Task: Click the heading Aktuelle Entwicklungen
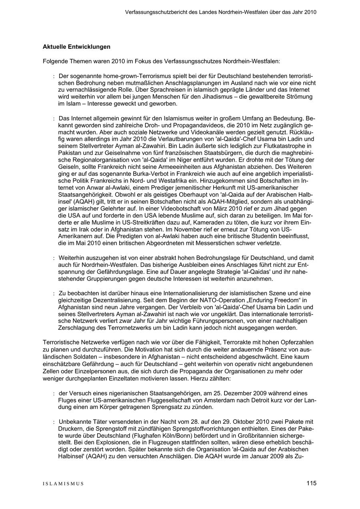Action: pos(76,47)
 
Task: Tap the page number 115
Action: pos(312,483)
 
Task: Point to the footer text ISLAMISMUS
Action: pos(63,484)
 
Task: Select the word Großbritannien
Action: pos(258,435)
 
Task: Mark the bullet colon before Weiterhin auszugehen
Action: pos(54,258)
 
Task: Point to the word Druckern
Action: pos(70,429)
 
